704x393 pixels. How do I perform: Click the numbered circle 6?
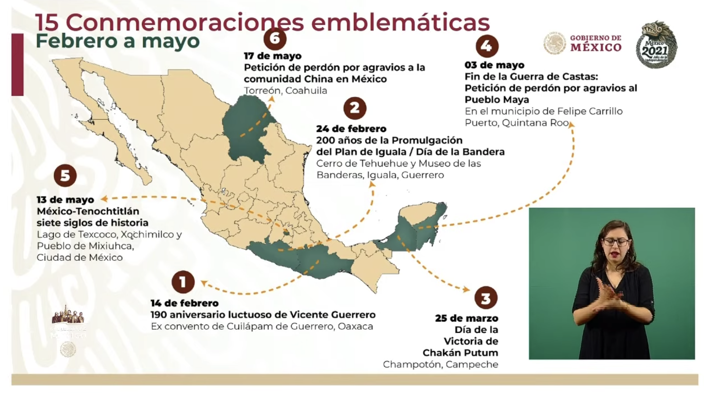click(275, 39)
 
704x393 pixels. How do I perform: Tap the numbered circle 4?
click(487, 46)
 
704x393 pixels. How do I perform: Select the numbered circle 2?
click(355, 108)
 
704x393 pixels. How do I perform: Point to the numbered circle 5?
click(65, 176)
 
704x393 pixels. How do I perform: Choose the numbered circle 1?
click(183, 282)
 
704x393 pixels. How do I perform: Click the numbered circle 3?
click(486, 298)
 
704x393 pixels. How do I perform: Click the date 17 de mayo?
click(273, 56)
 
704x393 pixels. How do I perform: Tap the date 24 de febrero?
click(351, 129)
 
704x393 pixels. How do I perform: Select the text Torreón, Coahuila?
click(285, 91)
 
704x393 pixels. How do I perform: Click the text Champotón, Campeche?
click(440, 364)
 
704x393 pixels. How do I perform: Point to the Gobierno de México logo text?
click(595, 43)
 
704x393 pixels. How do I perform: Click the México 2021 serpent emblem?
click(656, 44)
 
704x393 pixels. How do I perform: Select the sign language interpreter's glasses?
click(616, 242)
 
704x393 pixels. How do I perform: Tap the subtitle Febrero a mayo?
click(118, 41)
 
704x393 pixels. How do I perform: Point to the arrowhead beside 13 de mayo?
click(104, 199)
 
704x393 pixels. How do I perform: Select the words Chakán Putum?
click(460, 353)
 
